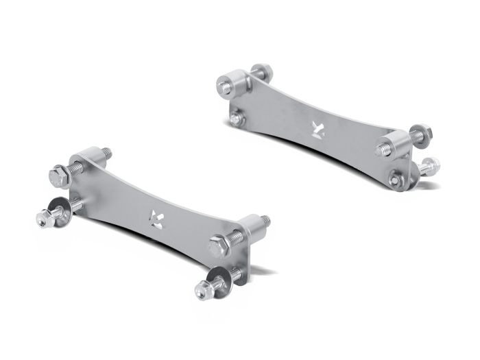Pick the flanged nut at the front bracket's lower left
(x=43, y=217)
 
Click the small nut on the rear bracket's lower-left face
(x=235, y=119)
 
